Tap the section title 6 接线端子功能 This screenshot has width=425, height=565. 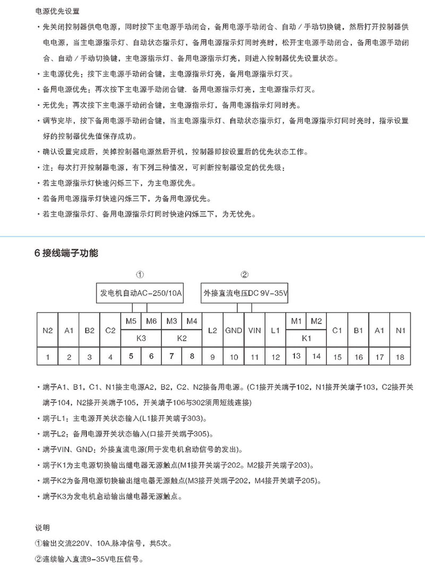(66, 254)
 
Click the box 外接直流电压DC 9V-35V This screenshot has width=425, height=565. (245, 293)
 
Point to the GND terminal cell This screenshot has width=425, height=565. (234, 330)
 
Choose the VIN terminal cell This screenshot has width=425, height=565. (254, 330)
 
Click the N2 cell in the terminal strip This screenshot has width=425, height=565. (48, 330)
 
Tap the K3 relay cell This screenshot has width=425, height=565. (141, 338)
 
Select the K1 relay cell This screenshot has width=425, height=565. (307, 338)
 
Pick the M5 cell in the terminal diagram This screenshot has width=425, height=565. (131, 321)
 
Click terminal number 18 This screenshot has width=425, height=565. (400, 357)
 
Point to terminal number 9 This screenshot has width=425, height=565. (212, 357)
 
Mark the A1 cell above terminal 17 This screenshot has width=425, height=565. (379, 330)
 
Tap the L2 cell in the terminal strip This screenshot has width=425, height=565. (212, 330)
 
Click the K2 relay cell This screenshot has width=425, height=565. (182, 338)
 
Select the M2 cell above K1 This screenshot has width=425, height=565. (317, 321)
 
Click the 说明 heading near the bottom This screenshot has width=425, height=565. (42, 528)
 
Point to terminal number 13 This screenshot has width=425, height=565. (296, 357)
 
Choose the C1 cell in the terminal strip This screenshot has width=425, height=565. (337, 330)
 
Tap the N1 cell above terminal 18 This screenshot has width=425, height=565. (400, 330)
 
